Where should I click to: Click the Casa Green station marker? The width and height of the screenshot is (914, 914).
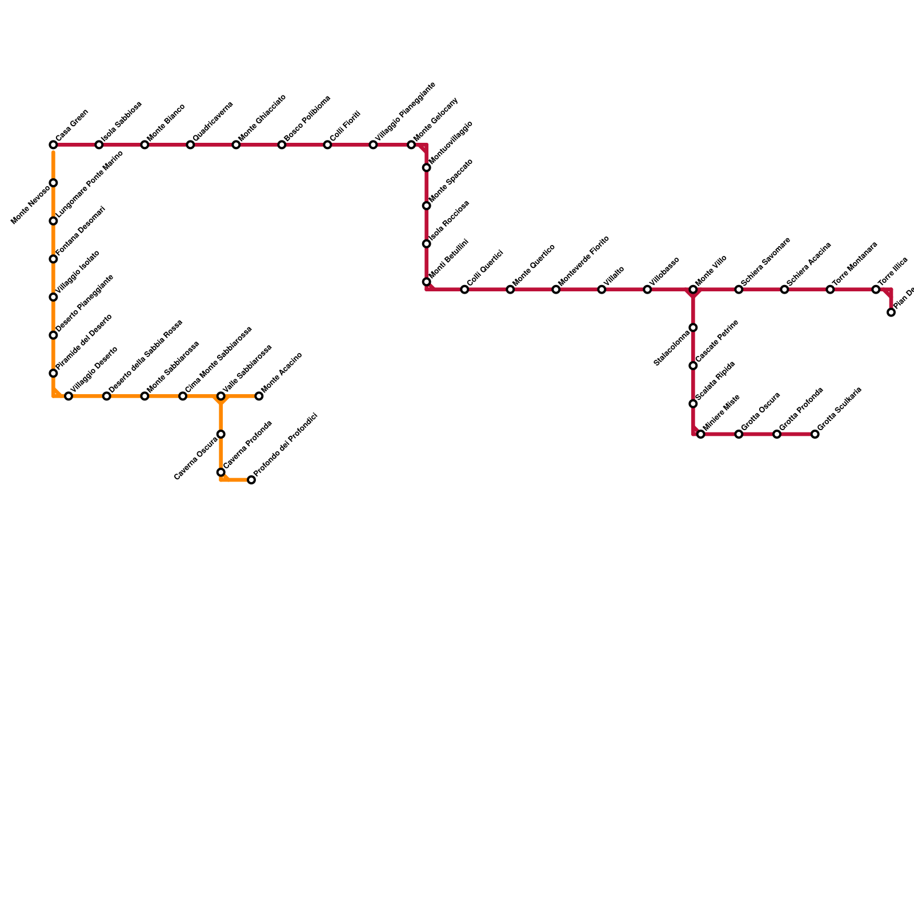tap(53, 145)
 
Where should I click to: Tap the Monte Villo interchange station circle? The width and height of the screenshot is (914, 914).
tap(693, 290)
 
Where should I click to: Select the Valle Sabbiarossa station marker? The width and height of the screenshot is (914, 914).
tap(221, 396)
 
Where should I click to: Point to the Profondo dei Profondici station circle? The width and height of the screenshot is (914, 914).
tap(251, 480)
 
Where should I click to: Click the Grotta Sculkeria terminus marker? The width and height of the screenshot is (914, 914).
tap(815, 434)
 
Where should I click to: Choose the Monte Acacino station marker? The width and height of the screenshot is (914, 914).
tap(259, 396)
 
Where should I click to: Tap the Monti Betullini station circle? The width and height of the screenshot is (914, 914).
tap(426, 282)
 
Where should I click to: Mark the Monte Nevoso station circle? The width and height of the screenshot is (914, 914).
tap(53, 183)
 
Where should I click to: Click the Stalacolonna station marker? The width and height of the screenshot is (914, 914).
tap(693, 328)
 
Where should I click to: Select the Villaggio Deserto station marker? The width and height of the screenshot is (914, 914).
tap(69, 396)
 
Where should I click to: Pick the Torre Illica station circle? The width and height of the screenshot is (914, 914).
tap(876, 290)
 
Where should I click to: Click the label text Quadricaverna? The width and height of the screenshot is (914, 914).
tap(213, 122)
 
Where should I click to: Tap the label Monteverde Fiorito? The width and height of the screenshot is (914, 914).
tap(584, 261)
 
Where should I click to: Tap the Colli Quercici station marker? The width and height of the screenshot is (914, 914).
tap(464, 290)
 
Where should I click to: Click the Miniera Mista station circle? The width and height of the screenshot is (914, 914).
tap(701, 434)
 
